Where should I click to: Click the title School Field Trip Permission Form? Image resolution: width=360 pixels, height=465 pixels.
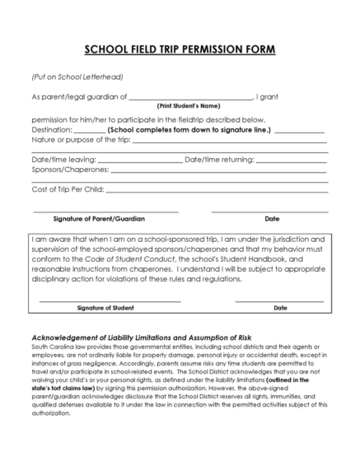180,49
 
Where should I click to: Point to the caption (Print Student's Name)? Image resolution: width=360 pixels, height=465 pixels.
188,106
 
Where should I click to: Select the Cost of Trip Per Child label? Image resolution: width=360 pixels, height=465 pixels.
68,188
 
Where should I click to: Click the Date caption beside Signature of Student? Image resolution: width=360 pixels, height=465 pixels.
279,308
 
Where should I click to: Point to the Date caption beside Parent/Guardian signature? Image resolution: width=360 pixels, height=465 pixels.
272,219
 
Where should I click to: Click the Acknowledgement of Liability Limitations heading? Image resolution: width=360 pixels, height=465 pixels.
141,338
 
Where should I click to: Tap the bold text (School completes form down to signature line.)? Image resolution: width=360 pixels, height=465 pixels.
189,129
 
